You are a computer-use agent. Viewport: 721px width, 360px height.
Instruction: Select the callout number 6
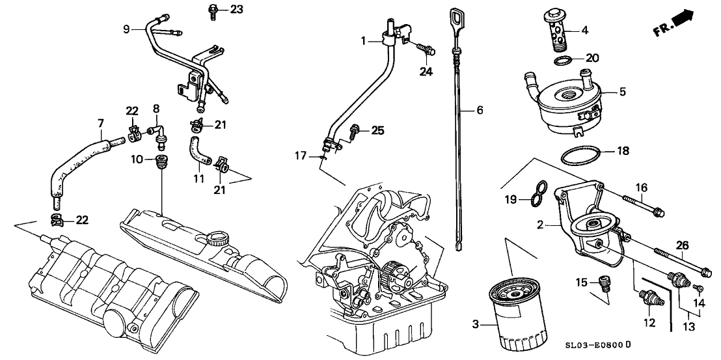[480, 111]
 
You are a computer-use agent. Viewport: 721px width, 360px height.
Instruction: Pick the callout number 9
[127, 28]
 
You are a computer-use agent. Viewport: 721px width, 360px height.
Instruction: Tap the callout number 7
[100, 122]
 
